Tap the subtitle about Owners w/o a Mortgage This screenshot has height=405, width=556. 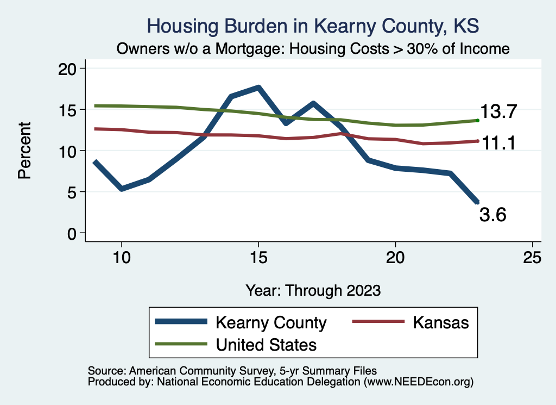coord(313,49)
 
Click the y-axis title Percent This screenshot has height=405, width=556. coord(24,151)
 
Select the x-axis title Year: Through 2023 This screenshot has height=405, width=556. coord(313,290)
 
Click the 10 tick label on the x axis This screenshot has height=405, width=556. coord(121,257)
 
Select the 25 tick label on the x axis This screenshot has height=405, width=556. coord(532,257)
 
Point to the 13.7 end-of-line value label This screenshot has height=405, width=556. coord(500,113)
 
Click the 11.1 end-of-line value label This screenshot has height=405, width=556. coord(500,143)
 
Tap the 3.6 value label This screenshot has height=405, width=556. coord(492,215)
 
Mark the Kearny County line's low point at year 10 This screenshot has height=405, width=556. coord(122,189)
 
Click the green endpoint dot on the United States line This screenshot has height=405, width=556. coord(477,120)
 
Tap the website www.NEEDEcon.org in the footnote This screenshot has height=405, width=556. coord(419,382)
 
